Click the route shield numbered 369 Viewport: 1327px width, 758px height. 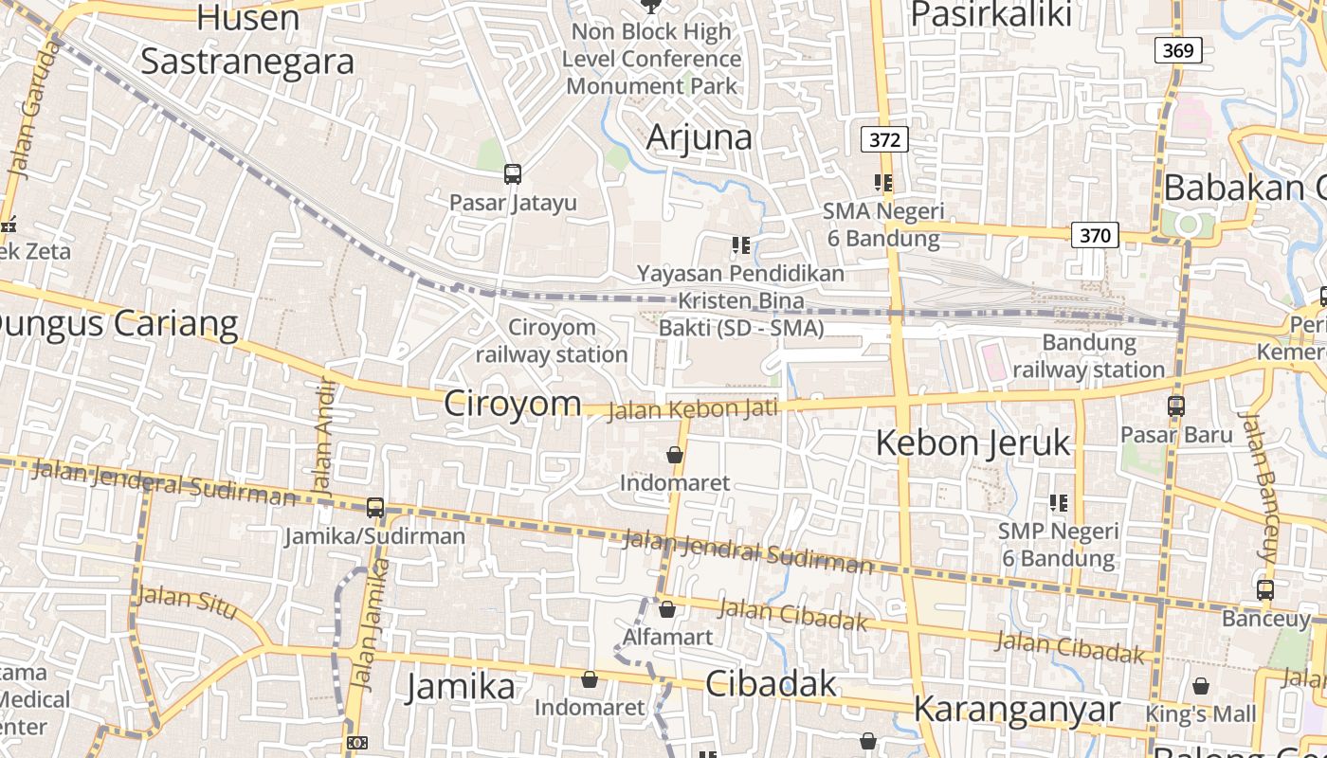[1177, 49]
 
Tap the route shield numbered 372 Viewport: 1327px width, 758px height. [884, 139]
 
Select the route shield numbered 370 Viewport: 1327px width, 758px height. [1095, 234]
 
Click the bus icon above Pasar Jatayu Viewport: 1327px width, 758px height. [513, 174]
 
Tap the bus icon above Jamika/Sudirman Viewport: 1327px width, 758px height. [375, 508]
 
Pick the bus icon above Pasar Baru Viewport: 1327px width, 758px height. [1176, 406]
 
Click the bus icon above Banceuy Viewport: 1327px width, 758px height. [1265, 589]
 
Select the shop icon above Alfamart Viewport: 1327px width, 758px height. [667, 609]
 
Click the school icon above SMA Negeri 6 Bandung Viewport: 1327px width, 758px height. [883, 183]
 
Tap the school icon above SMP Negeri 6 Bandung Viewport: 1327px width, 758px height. [1058, 503]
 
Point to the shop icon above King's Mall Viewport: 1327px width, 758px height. [1201, 686]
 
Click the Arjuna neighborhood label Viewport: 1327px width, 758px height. [699, 137]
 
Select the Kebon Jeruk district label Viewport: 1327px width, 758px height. [973, 442]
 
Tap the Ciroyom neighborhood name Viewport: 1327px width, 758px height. [513, 403]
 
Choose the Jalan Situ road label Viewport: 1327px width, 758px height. [187, 602]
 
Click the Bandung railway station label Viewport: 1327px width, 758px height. [1089, 355]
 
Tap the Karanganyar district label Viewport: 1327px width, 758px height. [1017, 709]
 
